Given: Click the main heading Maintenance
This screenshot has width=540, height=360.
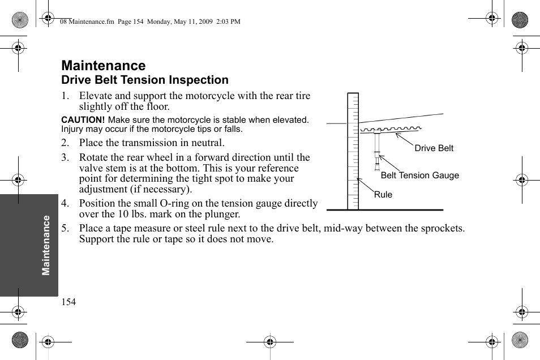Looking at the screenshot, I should tap(104, 66).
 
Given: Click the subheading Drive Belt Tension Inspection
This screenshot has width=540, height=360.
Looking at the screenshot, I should tap(145, 80).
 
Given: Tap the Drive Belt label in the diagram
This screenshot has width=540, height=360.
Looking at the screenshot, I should tap(434, 148).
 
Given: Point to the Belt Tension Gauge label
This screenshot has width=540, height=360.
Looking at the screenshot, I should tap(419, 175).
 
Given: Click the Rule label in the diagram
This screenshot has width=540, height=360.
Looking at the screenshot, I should tap(383, 195).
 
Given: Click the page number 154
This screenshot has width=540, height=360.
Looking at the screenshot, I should tap(68, 302).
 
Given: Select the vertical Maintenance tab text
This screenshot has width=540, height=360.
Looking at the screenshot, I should tap(46, 245).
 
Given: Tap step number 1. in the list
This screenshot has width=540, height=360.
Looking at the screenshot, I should tap(66, 96).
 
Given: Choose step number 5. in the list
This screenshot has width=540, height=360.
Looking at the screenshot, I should tap(66, 228).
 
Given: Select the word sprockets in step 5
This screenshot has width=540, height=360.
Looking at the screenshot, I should tap(444, 228).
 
